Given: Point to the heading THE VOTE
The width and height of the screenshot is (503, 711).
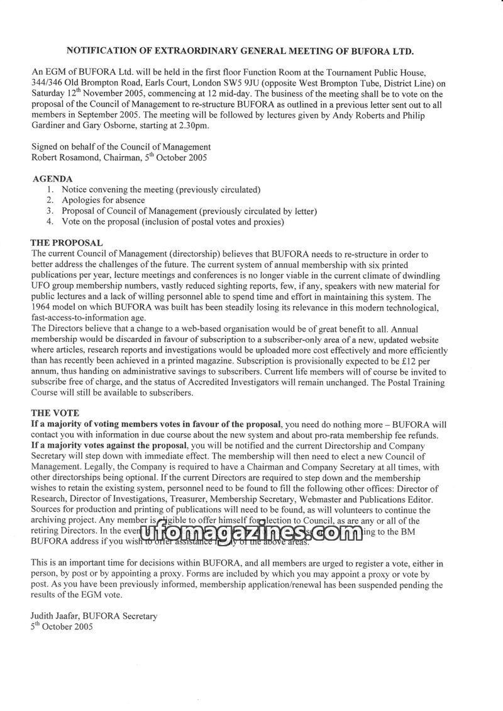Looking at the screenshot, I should pos(55,413).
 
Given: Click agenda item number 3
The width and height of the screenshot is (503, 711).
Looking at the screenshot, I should pos(50,211).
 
